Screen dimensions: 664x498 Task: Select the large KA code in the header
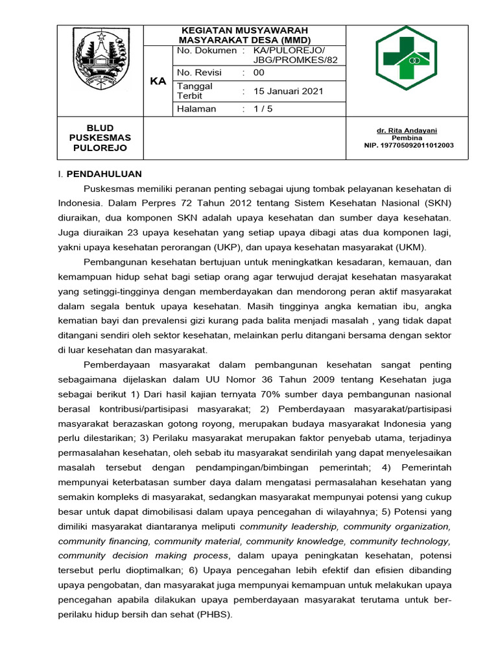(x=158, y=81)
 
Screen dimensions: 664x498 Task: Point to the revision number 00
(x=259, y=73)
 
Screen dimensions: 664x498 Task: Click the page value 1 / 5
(x=263, y=109)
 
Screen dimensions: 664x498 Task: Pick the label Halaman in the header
(x=196, y=109)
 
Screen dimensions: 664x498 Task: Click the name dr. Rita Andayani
(x=407, y=130)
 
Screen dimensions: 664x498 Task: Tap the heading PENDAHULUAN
(x=104, y=174)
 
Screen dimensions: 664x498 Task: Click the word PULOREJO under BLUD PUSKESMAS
(x=100, y=148)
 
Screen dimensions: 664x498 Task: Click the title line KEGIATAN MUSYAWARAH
(x=244, y=30)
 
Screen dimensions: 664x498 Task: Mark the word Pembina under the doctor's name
(x=407, y=138)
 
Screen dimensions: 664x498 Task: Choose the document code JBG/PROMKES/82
(x=295, y=60)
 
